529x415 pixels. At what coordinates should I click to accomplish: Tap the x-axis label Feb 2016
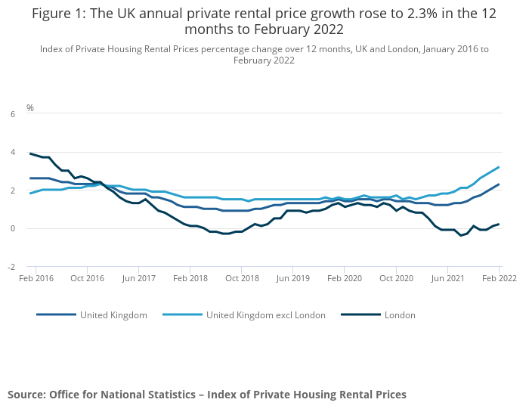coord(36,278)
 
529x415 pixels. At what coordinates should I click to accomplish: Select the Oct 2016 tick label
coord(87,278)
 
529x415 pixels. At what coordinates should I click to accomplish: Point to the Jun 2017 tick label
coord(139,278)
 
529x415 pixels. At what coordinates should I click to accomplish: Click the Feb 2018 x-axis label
coord(190,278)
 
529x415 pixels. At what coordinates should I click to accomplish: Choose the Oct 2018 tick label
coord(242,278)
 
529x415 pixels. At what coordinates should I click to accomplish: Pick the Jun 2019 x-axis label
coord(293,278)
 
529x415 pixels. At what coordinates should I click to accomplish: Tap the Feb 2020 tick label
coord(345,278)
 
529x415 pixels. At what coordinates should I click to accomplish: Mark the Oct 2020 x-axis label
coord(396,278)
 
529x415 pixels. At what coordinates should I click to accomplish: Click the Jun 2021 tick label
coord(447,278)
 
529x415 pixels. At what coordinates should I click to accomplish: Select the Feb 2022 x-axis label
coord(498,278)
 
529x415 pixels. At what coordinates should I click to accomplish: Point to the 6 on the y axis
coord(13,114)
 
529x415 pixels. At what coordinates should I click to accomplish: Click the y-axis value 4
coord(13,153)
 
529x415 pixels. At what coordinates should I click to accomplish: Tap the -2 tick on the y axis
coord(11,267)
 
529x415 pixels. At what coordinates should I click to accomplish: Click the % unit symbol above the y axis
coord(30,107)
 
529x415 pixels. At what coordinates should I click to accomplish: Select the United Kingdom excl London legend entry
coord(265,314)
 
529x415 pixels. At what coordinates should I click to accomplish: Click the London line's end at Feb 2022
coord(499,224)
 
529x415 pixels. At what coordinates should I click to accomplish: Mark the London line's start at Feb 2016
coord(30,153)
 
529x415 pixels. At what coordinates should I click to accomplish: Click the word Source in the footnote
coord(26,395)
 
